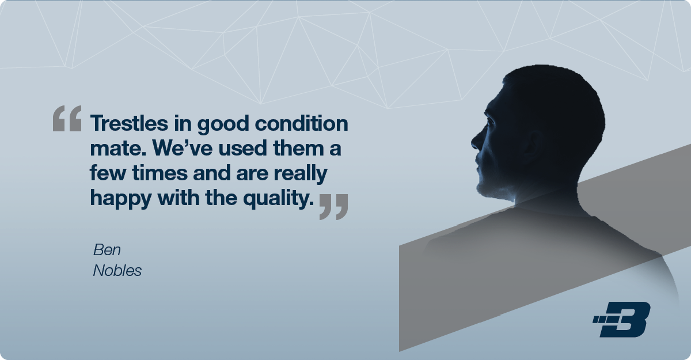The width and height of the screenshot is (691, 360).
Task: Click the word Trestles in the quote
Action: tap(129, 123)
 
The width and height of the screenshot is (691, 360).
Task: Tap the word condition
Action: tap(301, 123)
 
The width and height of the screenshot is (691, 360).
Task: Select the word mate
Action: tap(118, 149)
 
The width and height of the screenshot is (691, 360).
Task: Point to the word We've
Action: tap(183, 148)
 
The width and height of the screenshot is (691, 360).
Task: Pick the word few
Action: tap(108, 172)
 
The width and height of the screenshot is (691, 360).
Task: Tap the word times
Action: tap(160, 172)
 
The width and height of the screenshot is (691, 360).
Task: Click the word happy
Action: tap(120, 199)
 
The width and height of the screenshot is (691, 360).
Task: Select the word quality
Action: tap(278, 199)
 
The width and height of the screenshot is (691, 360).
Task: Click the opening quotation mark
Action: tap(67, 119)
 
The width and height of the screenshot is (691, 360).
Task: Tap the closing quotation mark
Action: tap(334, 207)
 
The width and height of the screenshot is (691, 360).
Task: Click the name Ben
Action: tap(107, 249)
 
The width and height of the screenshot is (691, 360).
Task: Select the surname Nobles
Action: tap(117, 271)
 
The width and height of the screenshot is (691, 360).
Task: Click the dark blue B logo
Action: tap(621, 319)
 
